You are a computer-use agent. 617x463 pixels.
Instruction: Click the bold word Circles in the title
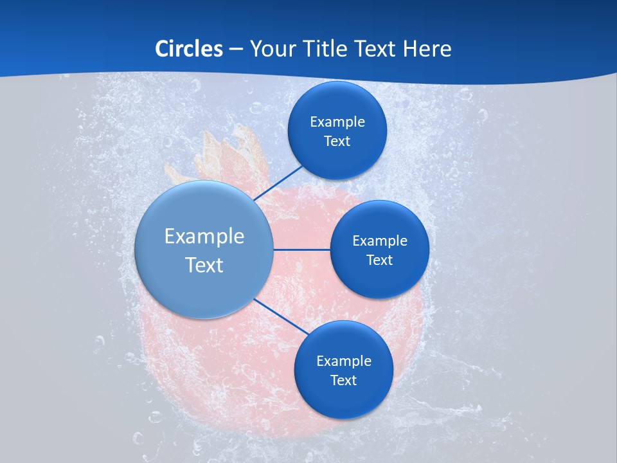pos(188,49)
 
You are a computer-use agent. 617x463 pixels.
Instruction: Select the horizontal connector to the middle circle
pos(301,250)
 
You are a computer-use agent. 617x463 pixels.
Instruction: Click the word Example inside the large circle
pos(204,237)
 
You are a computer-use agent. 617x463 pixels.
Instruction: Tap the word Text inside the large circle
pos(204,265)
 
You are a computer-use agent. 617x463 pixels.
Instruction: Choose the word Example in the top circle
pos(337,122)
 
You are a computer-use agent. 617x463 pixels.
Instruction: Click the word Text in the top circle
pos(337,141)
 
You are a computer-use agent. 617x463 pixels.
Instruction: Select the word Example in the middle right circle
pos(380,241)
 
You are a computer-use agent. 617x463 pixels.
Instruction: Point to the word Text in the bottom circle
pos(343,380)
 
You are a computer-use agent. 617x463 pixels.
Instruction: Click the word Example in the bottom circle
pos(344,361)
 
